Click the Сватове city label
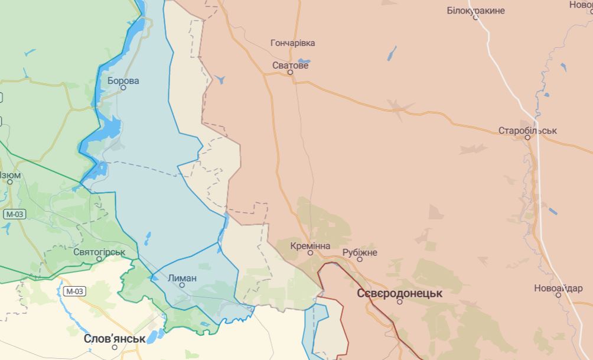[x=290, y=65]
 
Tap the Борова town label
[x=123, y=80]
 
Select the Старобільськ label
[x=527, y=130]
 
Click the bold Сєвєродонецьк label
[x=399, y=293]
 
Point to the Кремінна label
[x=310, y=245]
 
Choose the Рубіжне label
[x=359, y=252]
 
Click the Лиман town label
[x=182, y=277]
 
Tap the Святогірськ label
[x=99, y=252]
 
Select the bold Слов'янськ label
[x=115, y=339]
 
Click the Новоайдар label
[x=558, y=288]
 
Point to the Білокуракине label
[x=475, y=11]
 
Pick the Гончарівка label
[x=292, y=43]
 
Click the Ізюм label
[x=9, y=175]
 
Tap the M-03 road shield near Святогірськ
[x=74, y=291]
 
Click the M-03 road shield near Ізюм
[x=14, y=214]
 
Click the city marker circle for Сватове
[x=291, y=73]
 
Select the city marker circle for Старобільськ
[x=528, y=137]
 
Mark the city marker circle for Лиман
[x=182, y=285]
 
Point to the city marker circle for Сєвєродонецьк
[x=399, y=301]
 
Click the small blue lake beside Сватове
[x=304, y=60]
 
